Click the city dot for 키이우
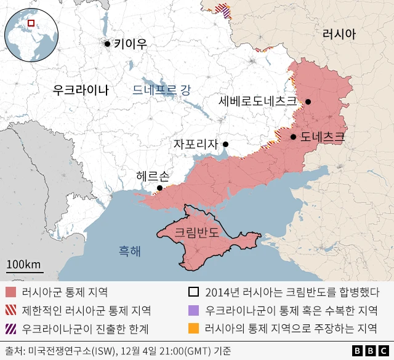pyautogui.click(x=108, y=44)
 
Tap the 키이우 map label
pyautogui.click(x=131, y=44)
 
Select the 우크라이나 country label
pyautogui.click(x=81, y=90)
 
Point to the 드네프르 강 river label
pyautogui.click(x=162, y=90)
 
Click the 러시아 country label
pyautogui.click(x=339, y=34)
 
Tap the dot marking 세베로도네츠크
pyautogui.click(x=308, y=102)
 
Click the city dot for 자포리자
pyautogui.click(x=225, y=145)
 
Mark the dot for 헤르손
pyautogui.click(x=159, y=188)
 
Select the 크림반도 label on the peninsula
pyautogui.click(x=196, y=233)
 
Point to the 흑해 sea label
pyautogui.click(x=130, y=251)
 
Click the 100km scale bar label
pyautogui.click(x=24, y=265)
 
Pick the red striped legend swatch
pyautogui.click(x=10, y=311)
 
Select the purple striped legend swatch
pyautogui.click(x=10, y=328)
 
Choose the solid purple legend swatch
pyautogui.click(x=194, y=311)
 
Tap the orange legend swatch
pyautogui.click(x=194, y=328)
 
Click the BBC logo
pyautogui.click(x=369, y=351)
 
